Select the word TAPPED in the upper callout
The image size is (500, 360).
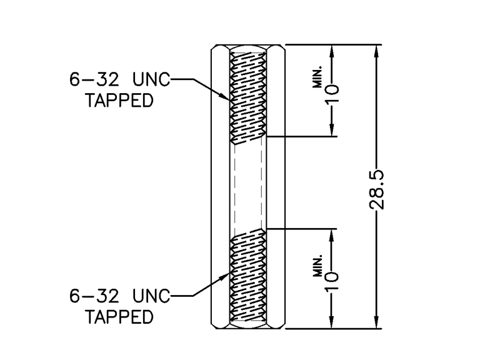click(x=119, y=101)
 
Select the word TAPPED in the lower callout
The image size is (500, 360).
click(x=119, y=317)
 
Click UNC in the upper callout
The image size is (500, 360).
click(x=151, y=81)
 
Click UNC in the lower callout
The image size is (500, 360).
click(x=151, y=297)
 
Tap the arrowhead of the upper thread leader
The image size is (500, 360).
click(x=228, y=97)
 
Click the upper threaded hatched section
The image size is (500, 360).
click(x=249, y=94)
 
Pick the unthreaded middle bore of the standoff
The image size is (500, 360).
click(x=249, y=184)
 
